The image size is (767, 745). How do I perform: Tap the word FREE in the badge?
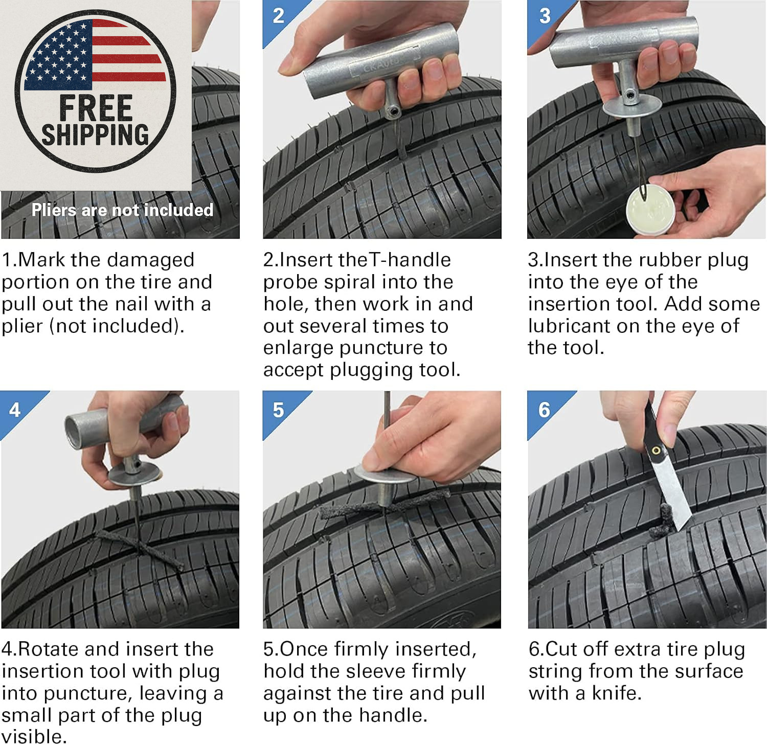(x=96, y=108)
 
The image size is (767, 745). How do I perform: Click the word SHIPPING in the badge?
(x=95, y=134)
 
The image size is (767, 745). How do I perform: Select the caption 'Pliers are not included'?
(x=122, y=210)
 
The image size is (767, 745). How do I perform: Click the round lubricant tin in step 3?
(x=649, y=208)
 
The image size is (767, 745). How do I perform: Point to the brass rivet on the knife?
(x=656, y=450)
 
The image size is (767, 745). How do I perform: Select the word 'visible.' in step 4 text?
(x=34, y=736)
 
